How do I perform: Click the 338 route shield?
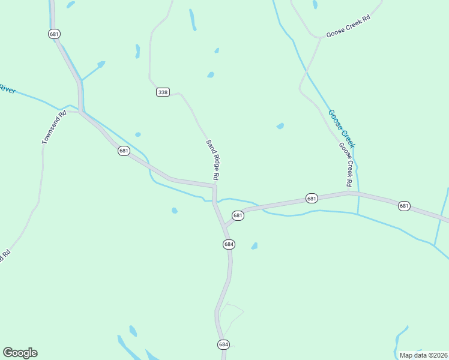pyautogui.click(x=163, y=92)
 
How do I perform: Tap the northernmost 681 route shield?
pyautogui.click(x=55, y=34)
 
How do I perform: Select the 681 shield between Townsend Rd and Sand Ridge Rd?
pyautogui.click(x=124, y=151)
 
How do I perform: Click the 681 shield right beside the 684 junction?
pyautogui.click(x=238, y=215)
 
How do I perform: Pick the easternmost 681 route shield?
pyautogui.click(x=404, y=206)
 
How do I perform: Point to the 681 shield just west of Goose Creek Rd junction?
pyautogui.click(x=311, y=198)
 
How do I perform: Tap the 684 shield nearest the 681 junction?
pyautogui.click(x=229, y=244)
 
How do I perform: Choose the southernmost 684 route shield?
pyautogui.click(x=223, y=344)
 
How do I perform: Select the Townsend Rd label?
pyautogui.click(x=54, y=127)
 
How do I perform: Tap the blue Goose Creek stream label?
pyautogui.click(x=342, y=129)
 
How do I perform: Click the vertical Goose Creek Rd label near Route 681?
pyautogui.click(x=346, y=164)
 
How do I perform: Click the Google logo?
pyautogui.click(x=20, y=353)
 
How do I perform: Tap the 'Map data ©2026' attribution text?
pyautogui.click(x=423, y=355)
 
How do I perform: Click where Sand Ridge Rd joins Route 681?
pyautogui.click(x=214, y=187)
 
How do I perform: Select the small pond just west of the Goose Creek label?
pyautogui.click(x=280, y=126)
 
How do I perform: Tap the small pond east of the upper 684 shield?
pyautogui.click(x=254, y=246)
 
